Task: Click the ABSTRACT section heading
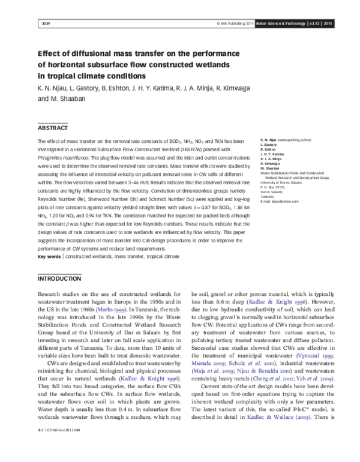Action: tap(53, 128)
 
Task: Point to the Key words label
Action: tap(49, 256)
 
